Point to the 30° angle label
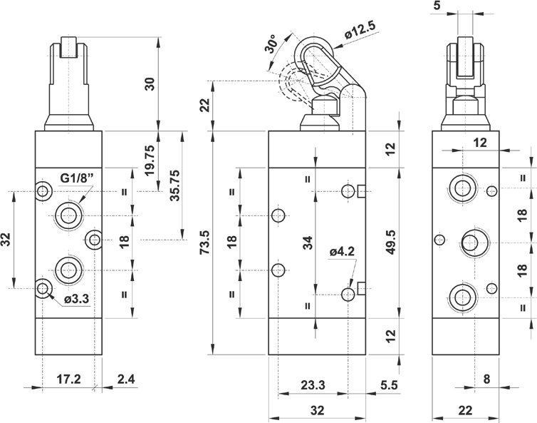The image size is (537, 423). [270, 45]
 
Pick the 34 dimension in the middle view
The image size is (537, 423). [308, 243]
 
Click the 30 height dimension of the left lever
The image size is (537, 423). [149, 83]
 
